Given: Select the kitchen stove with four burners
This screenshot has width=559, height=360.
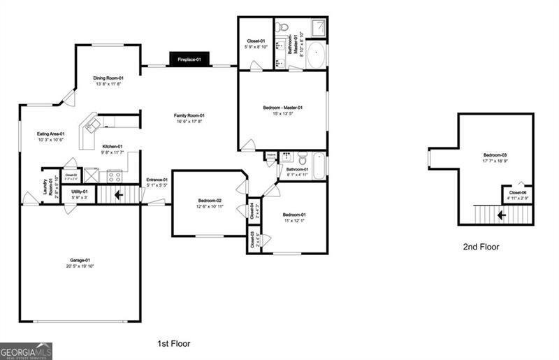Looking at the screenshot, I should (x=113, y=176).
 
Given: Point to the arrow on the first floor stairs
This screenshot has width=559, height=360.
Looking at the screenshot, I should (x=119, y=194).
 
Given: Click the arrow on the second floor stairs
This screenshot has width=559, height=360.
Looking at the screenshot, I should (x=500, y=215).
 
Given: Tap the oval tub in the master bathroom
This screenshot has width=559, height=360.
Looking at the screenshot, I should (x=316, y=55).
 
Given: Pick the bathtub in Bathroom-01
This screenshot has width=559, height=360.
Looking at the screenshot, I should (x=318, y=166).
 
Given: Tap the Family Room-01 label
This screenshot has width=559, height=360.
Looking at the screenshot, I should (x=189, y=115).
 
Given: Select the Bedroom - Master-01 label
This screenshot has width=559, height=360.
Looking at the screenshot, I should (x=282, y=108).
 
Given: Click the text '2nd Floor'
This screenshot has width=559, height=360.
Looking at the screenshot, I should (x=481, y=247).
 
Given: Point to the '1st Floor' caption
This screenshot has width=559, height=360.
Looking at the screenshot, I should (x=173, y=343).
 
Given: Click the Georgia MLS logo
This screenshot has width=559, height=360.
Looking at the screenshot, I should (x=26, y=350).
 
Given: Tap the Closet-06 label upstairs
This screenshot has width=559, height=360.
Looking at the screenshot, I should (x=517, y=192).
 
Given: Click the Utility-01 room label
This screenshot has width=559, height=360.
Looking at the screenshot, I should (x=80, y=191).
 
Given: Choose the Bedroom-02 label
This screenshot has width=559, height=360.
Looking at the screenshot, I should (x=209, y=201).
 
